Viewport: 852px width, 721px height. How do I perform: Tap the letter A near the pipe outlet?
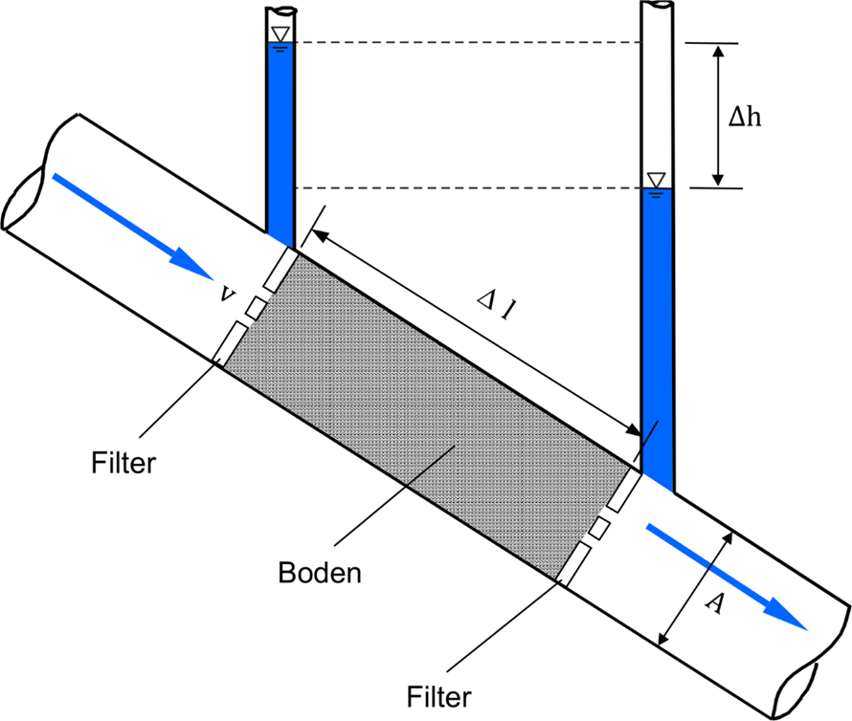711,601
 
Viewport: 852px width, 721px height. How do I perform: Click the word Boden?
320,574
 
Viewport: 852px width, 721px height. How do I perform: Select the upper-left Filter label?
123,464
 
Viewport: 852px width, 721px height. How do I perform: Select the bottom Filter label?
438,692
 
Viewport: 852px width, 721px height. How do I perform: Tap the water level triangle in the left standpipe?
280,35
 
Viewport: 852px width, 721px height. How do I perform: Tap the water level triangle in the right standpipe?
656,180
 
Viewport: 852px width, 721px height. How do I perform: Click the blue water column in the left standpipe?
280,143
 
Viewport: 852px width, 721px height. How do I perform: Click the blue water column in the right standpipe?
657,335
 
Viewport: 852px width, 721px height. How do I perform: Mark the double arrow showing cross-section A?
694,587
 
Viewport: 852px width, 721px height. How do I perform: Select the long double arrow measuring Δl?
474,331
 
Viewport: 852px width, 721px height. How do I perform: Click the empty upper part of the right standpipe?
657,96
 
